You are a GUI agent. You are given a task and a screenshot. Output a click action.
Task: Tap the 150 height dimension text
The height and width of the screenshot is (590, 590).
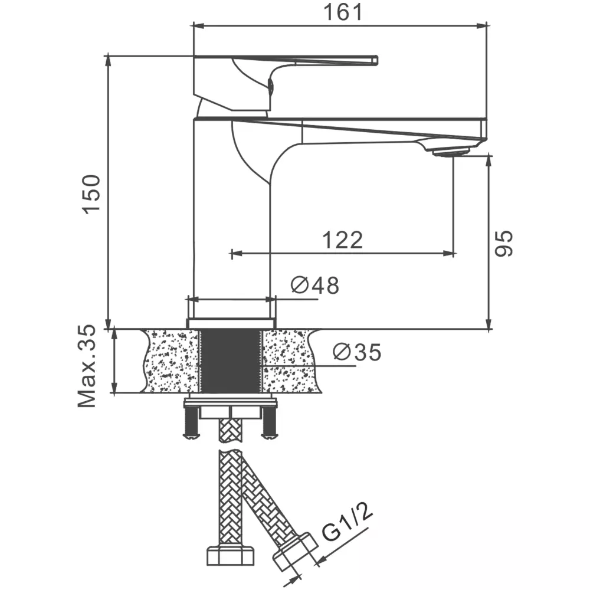coord(92,195)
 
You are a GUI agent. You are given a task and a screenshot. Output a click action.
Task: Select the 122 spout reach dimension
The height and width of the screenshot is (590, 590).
coord(342,240)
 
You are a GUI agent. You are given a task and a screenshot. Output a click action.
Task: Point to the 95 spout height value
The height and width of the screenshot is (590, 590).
coord(503,244)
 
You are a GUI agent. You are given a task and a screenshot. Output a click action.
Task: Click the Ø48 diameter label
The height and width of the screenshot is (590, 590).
coord(315,285)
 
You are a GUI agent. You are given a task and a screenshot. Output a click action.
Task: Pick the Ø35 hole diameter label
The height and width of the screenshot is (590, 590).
coord(357,352)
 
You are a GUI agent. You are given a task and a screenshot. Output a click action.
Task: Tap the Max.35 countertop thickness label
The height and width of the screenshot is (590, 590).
coord(87,366)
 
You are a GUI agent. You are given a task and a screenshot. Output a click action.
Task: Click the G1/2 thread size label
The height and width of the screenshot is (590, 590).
coord(347,522)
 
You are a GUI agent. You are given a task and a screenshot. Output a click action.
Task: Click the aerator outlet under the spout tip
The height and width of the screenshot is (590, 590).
coord(451,152)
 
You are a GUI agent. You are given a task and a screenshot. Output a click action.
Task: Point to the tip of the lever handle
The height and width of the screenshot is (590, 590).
coord(376,60)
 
